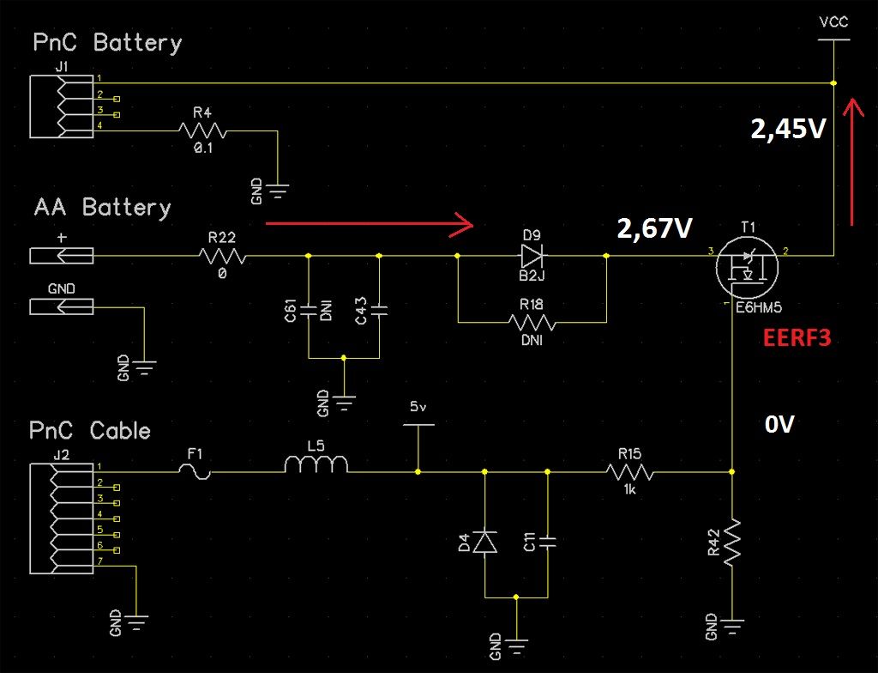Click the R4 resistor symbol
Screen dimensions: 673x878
[202, 130]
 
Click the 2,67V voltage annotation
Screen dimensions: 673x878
[655, 227]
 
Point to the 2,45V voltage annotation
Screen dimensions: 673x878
[788, 129]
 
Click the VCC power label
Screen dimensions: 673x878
[833, 23]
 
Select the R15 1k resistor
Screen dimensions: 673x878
[630, 471]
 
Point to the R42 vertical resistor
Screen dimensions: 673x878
[732, 541]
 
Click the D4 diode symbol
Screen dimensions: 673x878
[485, 543]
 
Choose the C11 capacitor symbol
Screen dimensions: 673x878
[547, 543]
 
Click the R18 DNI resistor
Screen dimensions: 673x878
[532, 323]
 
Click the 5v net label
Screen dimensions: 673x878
[418, 407]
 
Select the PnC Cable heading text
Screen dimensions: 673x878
[90, 430]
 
